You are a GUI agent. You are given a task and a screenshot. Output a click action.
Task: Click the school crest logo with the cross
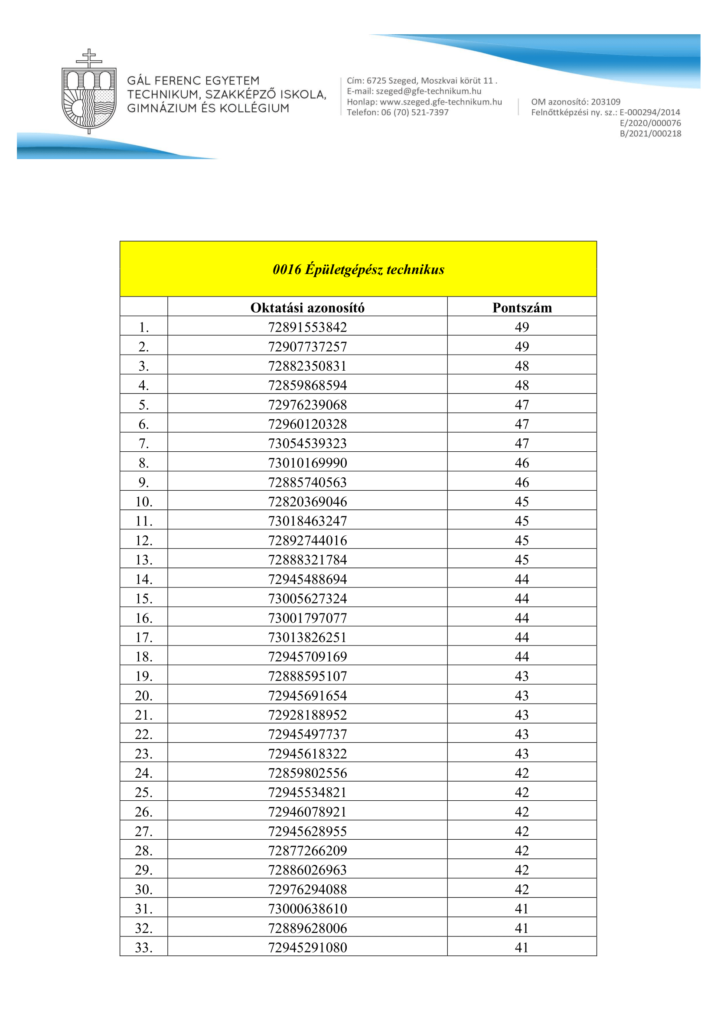pyautogui.click(x=89, y=92)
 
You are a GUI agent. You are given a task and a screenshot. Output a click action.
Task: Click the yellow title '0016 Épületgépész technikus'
pyautogui.click(x=358, y=269)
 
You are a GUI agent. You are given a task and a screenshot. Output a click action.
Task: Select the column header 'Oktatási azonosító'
pyautogui.click(x=307, y=307)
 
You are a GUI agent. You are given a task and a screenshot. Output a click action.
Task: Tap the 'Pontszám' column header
pyautogui.click(x=522, y=307)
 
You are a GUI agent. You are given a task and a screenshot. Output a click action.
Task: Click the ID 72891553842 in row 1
pyautogui.click(x=307, y=327)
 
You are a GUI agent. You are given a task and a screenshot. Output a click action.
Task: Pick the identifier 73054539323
pyautogui.click(x=307, y=443)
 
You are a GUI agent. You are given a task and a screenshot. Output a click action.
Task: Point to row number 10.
pyautogui.click(x=144, y=502)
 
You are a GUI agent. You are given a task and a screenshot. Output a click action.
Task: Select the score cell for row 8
pyautogui.click(x=522, y=463)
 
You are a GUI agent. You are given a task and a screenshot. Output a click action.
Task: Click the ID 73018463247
pyautogui.click(x=307, y=521)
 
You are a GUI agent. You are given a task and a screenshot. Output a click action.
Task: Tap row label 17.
pyautogui.click(x=144, y=637)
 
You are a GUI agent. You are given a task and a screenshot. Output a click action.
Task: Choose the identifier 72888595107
pyautogui.click(x=307, y=676)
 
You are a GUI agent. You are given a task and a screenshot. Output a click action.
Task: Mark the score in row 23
pyautogui.click(x=522, y=753)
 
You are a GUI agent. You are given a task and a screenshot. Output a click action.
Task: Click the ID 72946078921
pyautogui.click(x=307, y=812)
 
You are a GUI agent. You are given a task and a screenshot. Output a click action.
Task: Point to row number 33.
pyautogui.click(x=144, y=947)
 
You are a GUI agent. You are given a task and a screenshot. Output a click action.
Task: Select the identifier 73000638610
pyautogui.click(x=307, y=909)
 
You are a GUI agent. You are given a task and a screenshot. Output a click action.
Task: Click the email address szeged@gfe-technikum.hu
pyautogui.click(x=428, y=91)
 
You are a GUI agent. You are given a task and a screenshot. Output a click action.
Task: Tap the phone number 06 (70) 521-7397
pyautogui.click(x=414, y=113)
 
